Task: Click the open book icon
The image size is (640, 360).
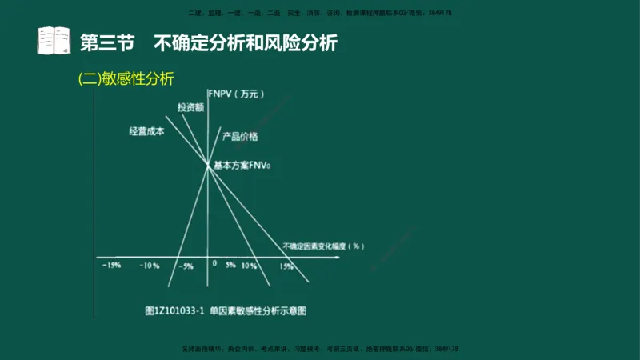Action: point(54,41)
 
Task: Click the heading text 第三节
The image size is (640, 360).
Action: point(110,42)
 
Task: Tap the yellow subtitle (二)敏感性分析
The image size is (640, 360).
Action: point(126,78)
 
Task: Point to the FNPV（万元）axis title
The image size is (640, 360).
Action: point(234,94)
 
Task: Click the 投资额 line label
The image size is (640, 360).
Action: point(190,106)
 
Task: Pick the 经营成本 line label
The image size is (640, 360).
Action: point(146,131)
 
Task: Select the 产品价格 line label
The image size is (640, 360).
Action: point(240,137)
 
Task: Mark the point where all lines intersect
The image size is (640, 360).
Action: point(208,166)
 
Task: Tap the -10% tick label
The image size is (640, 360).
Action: point(150,266)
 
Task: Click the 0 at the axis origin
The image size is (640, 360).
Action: point(214,263)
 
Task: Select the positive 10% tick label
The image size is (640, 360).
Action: point(249,266)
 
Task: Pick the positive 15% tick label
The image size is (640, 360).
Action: point(286,266)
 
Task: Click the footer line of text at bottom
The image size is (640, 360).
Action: point(320,349)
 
